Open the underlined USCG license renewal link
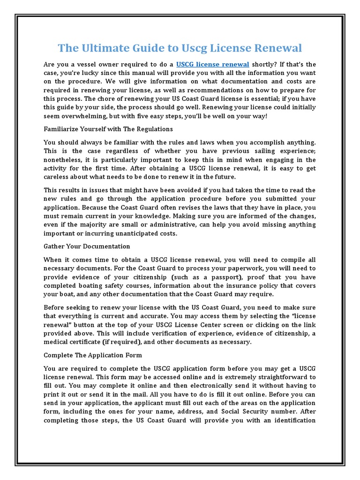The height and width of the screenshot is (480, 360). pos(212,64)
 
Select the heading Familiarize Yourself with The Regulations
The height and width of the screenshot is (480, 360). pos(108,128)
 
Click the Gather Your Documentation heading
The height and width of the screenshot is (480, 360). pos(87,246)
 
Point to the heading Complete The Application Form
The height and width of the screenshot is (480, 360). pos(92,355)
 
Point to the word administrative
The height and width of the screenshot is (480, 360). pos(156,225)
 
